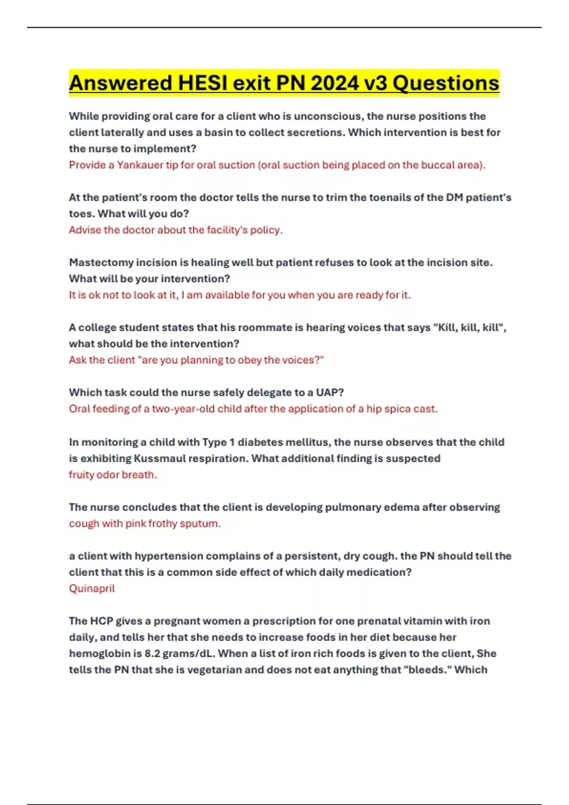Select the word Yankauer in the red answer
140,165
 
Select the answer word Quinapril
92,589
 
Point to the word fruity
81,474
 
